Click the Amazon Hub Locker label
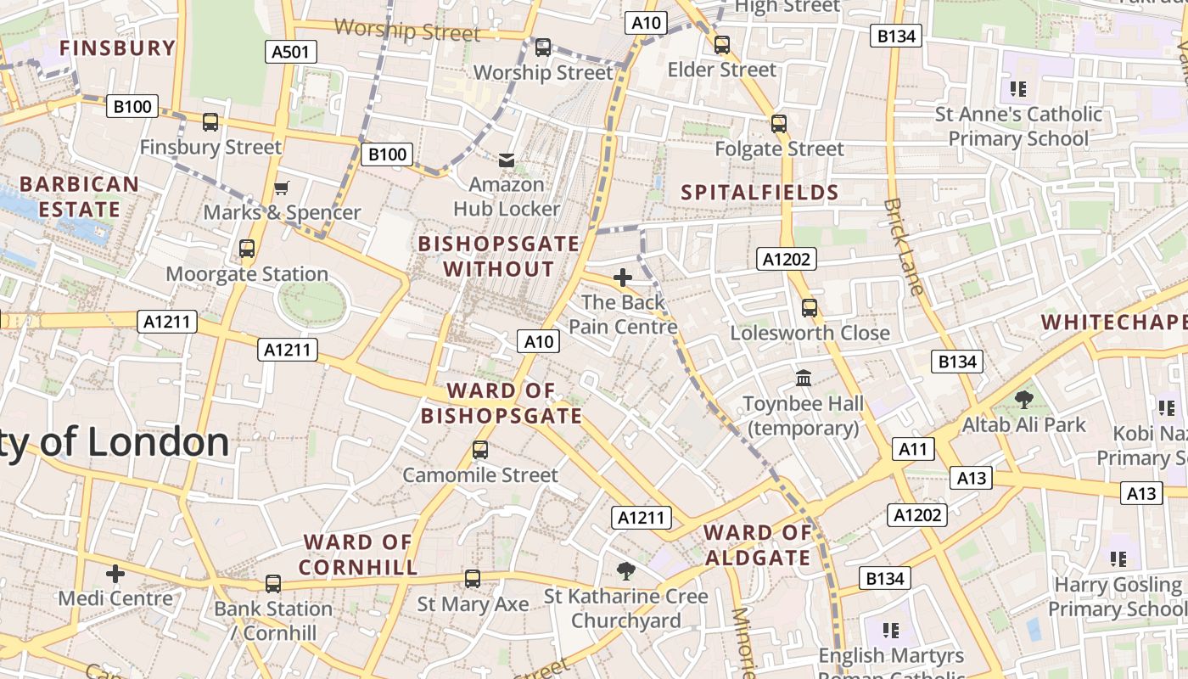point(507,196)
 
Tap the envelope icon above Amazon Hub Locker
point(507,160)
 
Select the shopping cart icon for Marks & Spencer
point(282,188)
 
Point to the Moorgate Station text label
point(247,274)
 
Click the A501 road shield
point(290,52)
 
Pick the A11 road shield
point(913,449)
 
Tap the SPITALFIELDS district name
point(760,193)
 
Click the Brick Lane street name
point(902,246)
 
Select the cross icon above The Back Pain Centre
point(623,277)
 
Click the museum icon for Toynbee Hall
point(804,378)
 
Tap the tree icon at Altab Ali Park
point(1024,398)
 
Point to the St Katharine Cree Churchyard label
point(625,609)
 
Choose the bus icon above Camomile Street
point(480,449)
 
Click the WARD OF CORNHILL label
point(358,554)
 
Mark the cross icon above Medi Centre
point(115,574)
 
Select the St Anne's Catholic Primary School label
point(1018,126)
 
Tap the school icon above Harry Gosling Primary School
point(1118,558)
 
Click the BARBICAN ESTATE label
point(79,196)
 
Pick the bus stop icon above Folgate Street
point(779,124)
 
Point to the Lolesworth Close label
point(810,333)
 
